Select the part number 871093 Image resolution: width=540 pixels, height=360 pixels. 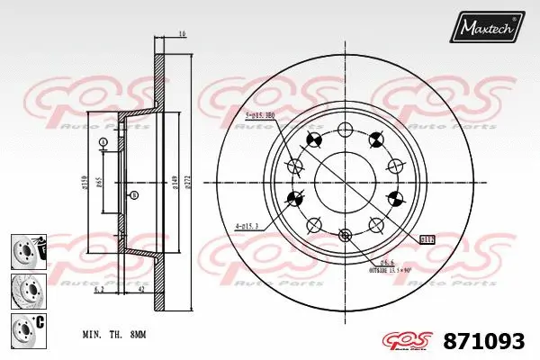484,340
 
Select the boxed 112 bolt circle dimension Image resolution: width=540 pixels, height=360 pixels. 427,238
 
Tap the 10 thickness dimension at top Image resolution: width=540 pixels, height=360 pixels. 182,34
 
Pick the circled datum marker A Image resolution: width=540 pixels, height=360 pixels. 103,143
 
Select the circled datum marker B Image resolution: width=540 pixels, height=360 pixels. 134,195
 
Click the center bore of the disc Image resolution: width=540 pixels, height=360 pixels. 344,183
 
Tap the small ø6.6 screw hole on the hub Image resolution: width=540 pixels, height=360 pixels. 344,236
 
